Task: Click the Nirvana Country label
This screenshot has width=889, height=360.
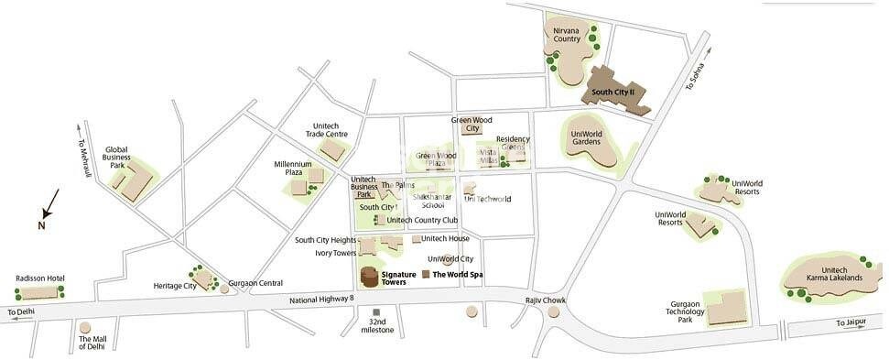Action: (x=566, y=35)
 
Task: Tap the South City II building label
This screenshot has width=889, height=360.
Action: (x=619, y=93)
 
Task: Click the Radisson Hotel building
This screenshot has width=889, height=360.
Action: (x=39, y=292)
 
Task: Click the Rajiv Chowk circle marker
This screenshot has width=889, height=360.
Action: (x=553, y=312)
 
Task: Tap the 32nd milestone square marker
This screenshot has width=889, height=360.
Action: (x=376, y=312)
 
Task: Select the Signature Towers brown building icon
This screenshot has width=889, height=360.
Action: (x=369, y=278)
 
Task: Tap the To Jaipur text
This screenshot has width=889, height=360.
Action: (x=852, y=323)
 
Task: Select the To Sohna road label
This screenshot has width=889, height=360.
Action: (x=695, y=75)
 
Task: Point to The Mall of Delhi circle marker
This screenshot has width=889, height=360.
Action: (x=85, y=327)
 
